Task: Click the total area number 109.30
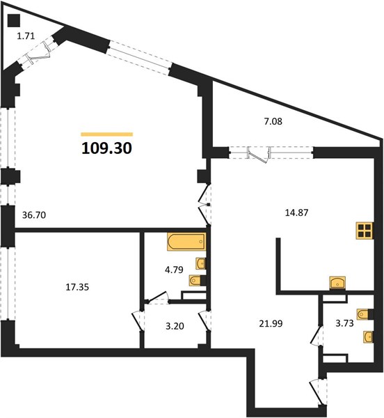[x=106, y=148]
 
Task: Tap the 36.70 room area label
[x=34, y=215]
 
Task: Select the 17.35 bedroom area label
[x=77, y=287]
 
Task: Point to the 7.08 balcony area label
[x=273, y=121]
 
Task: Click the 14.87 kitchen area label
[x=296, y=212]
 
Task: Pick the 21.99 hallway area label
[x=271, y=324]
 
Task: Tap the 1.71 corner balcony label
[x=26, y=36]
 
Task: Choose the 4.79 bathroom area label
[x=175, y=270]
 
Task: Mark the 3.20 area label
[x=175, y=326]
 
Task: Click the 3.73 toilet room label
[x=344, y=323]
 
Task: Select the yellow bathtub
[x=186, y=242]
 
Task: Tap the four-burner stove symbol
[x=365, y=231]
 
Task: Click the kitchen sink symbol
[x=337, y=283]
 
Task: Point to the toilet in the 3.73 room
[x=365, y=314]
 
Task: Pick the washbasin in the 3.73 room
[x=368, y=336]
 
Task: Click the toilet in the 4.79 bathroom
[x=198, y=281]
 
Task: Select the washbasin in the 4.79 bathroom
[x=201, y=263]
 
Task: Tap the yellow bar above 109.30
[x=106, y=134]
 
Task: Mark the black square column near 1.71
[x=14, y=20]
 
